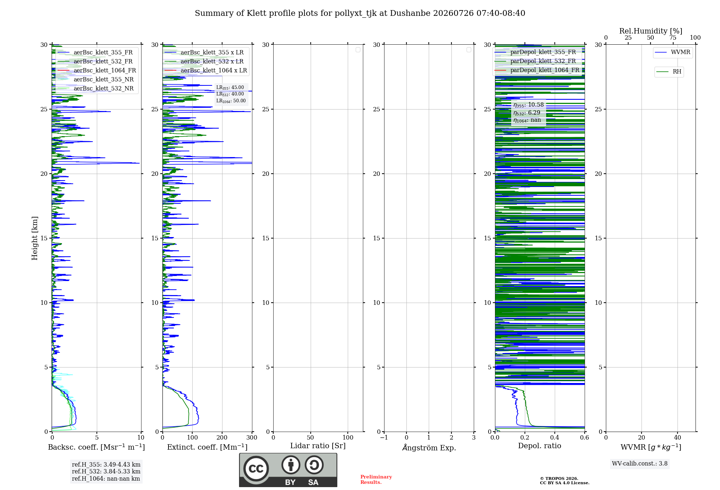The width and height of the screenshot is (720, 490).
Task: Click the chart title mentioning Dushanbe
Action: [x=360, y=13]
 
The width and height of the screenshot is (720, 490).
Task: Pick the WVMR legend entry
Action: [x=672, y=52]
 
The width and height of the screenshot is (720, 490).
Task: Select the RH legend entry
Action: [x=669, y=71]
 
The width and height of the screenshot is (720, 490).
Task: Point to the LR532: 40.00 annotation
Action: [x=230, y=94]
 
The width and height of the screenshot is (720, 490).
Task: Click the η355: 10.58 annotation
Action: [x=528, y=105]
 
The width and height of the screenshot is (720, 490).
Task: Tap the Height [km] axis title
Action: [x=35, y=238]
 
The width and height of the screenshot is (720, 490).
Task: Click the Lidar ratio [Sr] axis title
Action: [x=318, y=446]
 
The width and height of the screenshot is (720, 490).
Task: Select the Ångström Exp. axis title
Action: [x=429, y=447]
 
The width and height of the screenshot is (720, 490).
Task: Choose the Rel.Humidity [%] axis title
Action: [x=651, y=31]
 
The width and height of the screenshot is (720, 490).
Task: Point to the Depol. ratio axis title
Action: [x=540, y=446]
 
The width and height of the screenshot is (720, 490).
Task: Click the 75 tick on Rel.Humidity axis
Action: [x=673, y=38]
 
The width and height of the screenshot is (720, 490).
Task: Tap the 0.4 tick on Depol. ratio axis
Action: [x=555, y=437]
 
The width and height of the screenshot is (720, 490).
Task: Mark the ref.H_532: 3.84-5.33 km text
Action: [x=106, y=471]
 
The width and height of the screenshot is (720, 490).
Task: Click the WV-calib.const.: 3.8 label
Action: [x=640, y=464]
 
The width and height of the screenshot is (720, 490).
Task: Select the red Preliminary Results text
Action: [x=376, y=480]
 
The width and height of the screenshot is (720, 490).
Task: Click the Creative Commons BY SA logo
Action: [x=288, y=470]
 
